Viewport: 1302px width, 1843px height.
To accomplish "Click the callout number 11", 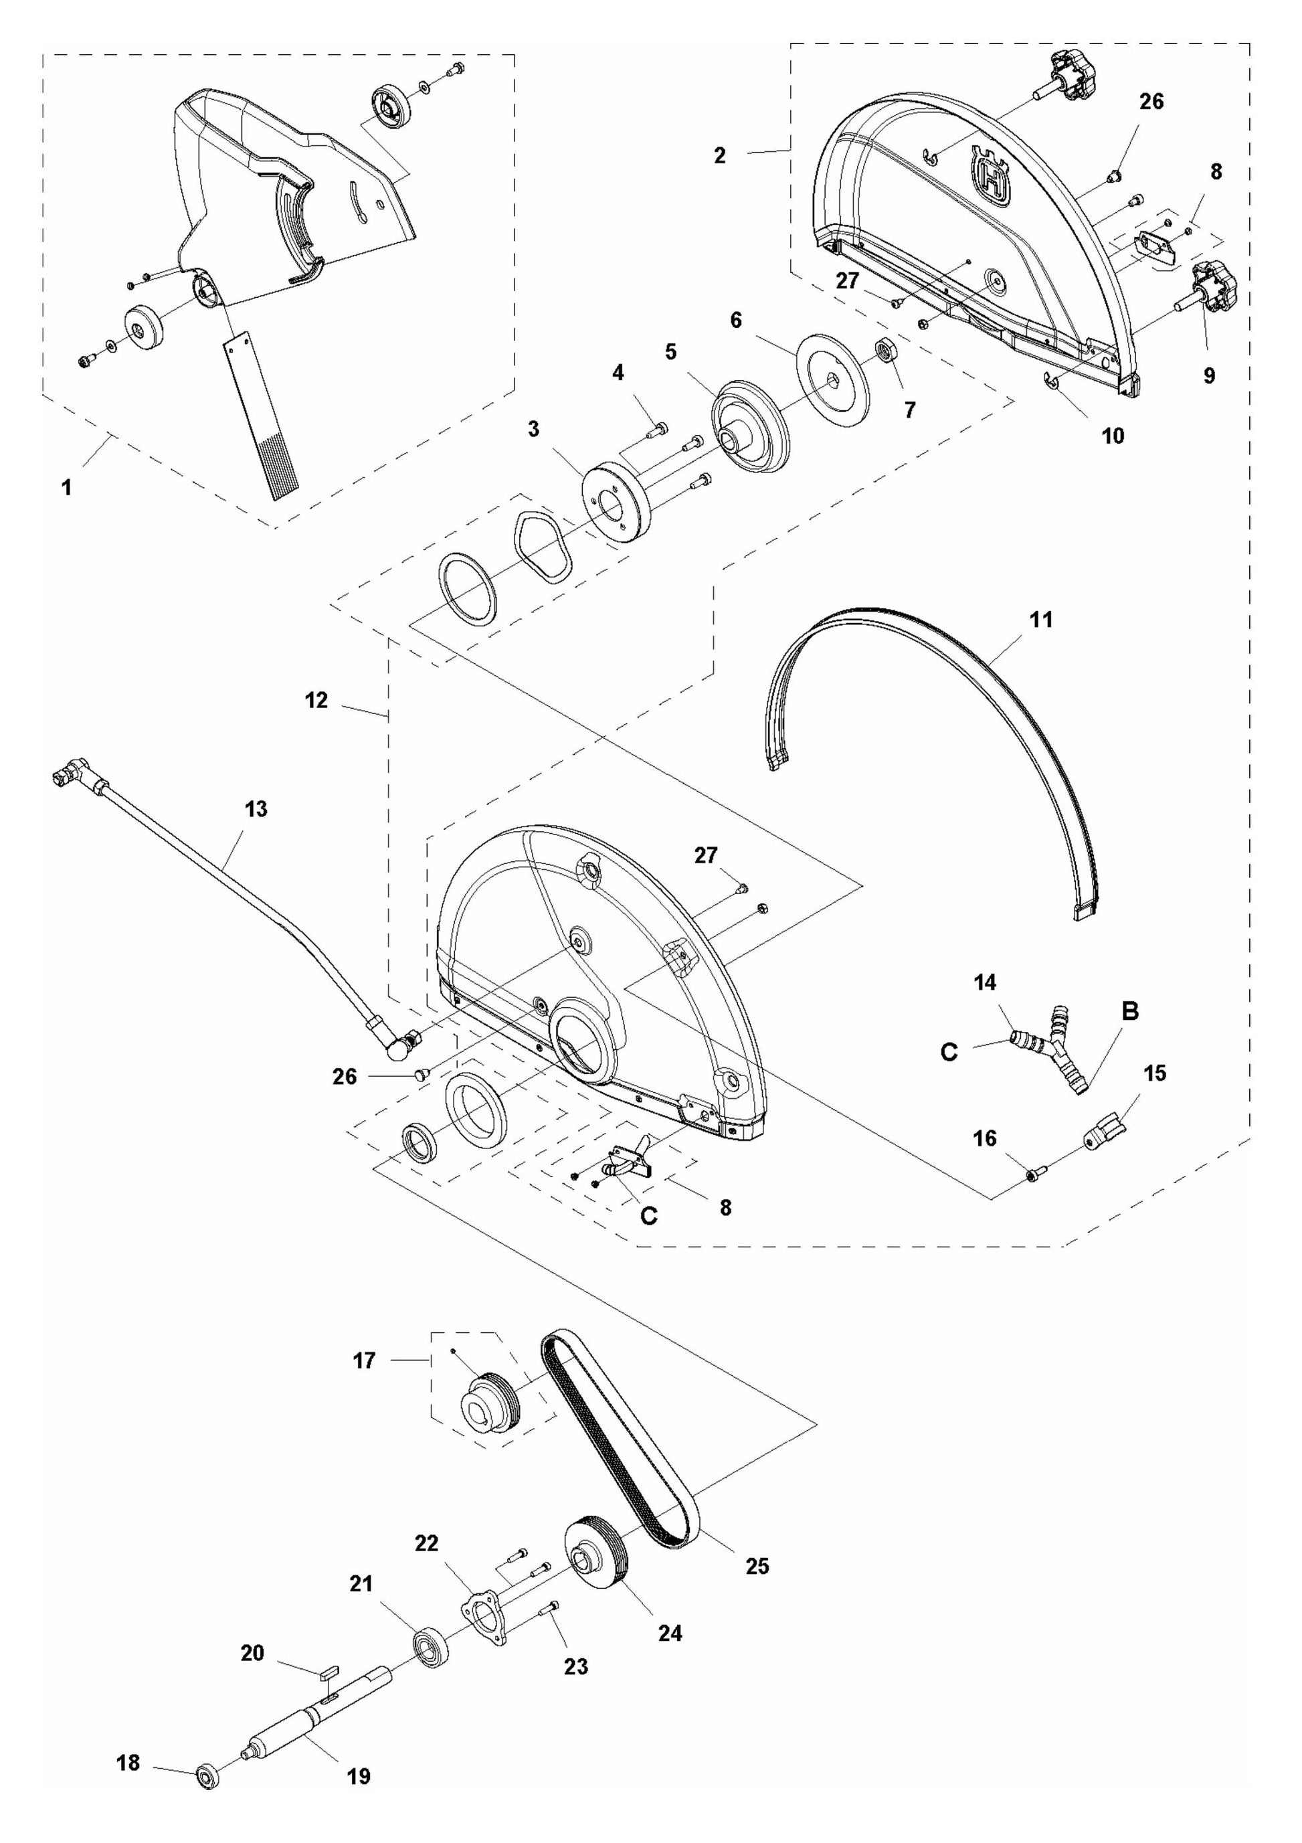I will [x=1040, y=620].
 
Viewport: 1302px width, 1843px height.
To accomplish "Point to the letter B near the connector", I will [x=1129, y=1011].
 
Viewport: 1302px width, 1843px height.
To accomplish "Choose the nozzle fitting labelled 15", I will [x=1105, y=1134].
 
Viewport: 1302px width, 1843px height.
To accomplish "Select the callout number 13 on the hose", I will [x=256, y=808].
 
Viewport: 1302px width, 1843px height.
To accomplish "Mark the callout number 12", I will [x=316, y=700].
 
